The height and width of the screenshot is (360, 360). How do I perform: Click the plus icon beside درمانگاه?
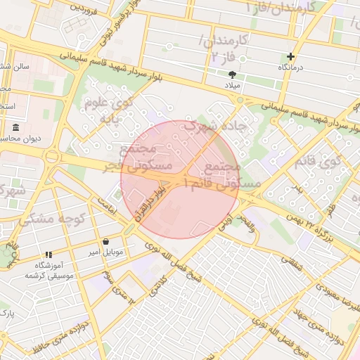coord(290,56)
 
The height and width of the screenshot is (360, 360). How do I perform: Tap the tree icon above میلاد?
coord(232,74)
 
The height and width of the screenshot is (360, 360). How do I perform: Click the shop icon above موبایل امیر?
coord(105,240)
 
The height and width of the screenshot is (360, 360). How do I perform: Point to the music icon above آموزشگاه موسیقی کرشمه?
coord(49,255)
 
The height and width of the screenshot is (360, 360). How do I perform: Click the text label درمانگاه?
coord(292,67)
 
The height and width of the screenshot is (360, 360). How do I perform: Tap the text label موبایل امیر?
coord(106,251)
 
